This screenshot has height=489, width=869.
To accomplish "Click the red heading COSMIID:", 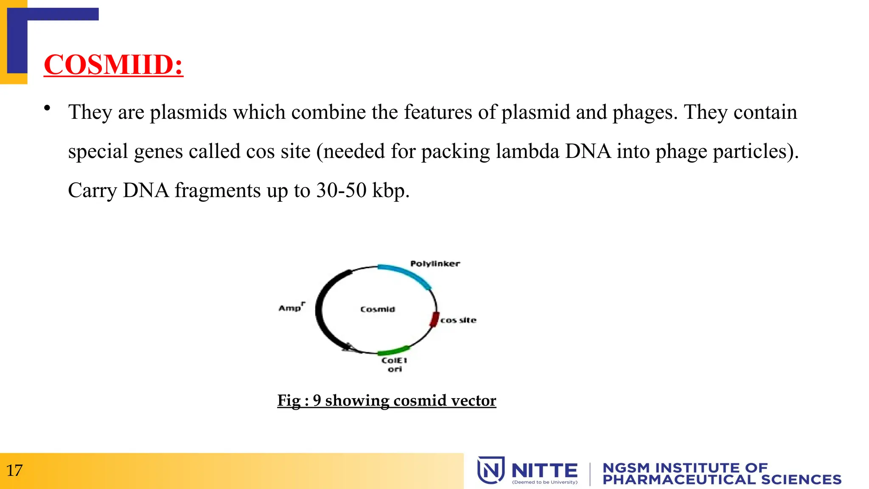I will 113,65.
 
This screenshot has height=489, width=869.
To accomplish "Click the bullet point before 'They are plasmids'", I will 47,108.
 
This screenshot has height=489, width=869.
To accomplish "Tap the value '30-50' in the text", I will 341,191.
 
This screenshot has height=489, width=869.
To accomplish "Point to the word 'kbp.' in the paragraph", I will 391,191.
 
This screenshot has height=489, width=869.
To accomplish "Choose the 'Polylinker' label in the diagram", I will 435,264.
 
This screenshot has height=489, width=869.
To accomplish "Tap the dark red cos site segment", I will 434,319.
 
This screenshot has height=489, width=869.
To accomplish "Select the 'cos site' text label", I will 458,320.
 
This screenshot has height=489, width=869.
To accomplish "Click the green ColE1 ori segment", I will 393,351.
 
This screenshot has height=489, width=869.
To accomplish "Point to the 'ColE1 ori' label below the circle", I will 395,365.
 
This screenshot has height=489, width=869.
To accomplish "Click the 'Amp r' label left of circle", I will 292,307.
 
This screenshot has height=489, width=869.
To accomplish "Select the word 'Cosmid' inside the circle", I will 378,309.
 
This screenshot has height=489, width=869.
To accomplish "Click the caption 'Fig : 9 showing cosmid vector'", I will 387,400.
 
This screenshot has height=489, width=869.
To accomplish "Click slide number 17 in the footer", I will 14,471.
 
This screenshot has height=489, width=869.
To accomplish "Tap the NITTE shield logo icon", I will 491,470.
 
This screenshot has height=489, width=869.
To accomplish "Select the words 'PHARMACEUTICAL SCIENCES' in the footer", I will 722,480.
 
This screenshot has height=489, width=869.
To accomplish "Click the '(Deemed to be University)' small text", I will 545,482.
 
